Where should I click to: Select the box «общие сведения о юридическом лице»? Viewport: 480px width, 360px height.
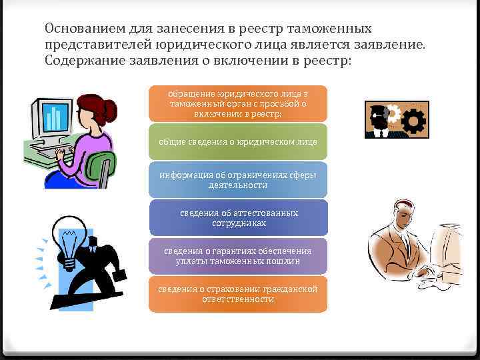pyautogui.click(x=238, y=142)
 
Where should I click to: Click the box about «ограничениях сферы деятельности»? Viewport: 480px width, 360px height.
pyautogui.click(x=238, y=180)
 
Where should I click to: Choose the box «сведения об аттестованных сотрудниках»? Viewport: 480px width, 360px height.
pyautogui.click(x=238, y=218)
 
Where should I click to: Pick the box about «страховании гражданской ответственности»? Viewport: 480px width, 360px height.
pyautogui.click(x=238, y=294)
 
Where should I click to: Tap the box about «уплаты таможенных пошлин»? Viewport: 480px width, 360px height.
pyautogui.click(x=238, y=256)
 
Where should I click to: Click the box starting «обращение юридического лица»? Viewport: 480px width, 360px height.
pyautogui.click(x=238, y=104)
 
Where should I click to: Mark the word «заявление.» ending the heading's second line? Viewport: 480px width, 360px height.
pyautogui.click(x=398, y=44)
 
